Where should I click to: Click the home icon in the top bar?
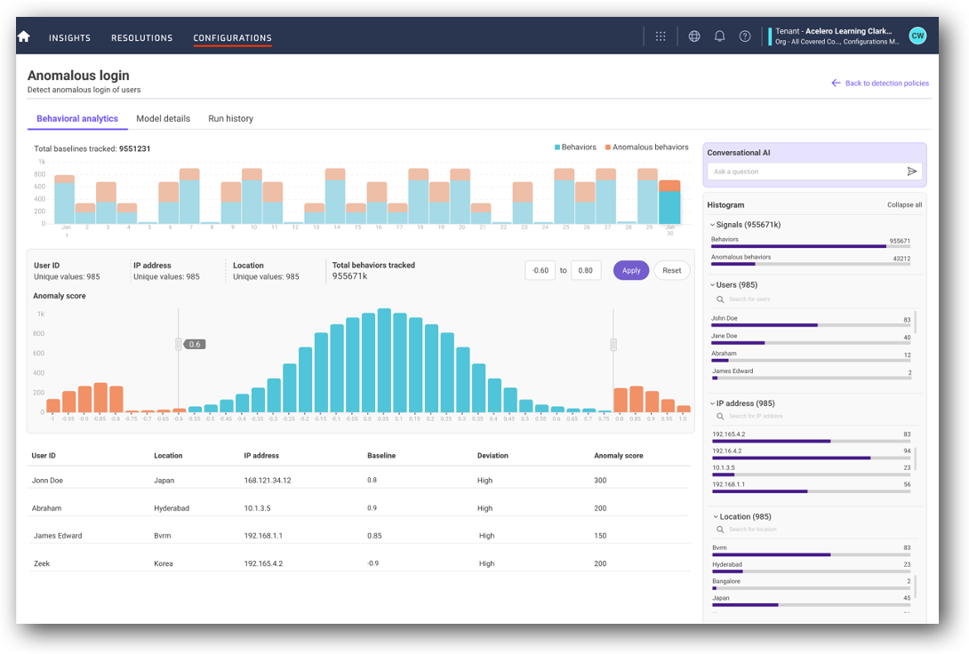24,36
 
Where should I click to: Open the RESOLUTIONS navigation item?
141,38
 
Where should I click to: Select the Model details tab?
163,118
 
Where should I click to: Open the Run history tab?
230,118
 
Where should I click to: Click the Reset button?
671,270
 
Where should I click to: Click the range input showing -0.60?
540,270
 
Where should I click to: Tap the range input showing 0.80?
585,270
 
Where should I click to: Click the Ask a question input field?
805,171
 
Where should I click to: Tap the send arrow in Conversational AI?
911,171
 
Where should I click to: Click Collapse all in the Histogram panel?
904,204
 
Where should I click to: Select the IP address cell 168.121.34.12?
268,480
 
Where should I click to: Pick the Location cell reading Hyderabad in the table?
172,508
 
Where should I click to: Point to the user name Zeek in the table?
41,563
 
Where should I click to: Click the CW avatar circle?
917,36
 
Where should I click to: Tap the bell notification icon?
719,36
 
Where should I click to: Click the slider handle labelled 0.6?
179,344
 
